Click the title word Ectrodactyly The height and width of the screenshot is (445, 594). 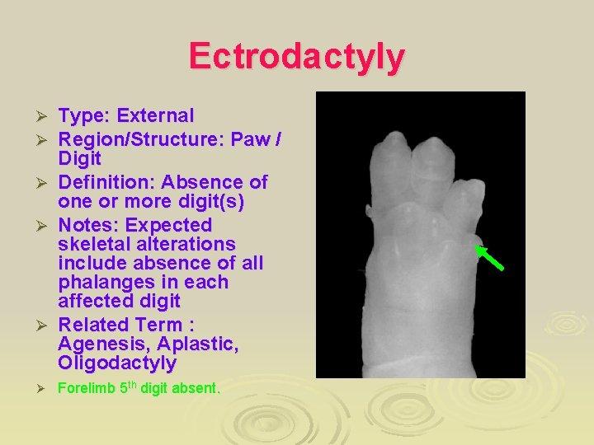(x=297, y=57)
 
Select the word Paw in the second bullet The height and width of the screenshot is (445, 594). (x=254, y=138)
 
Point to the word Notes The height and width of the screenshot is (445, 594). (x=87, y=225)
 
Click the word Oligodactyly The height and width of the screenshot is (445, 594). (x=117, y=363)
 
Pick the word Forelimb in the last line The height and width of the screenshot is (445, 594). (x=85, y=388)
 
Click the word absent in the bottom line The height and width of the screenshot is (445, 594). (x=197, y=388)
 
